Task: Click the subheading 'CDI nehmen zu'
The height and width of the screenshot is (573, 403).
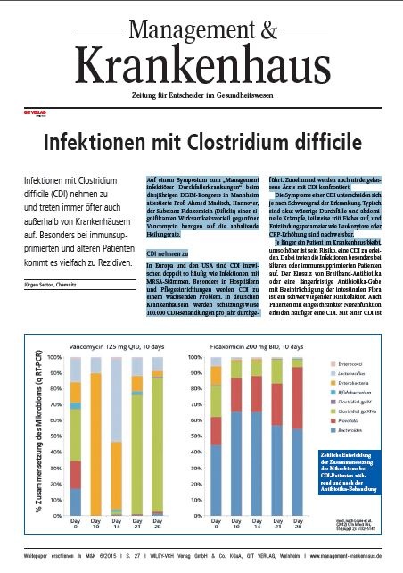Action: pos(167,254)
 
